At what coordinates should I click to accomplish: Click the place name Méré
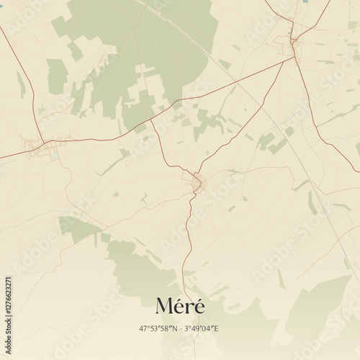179,306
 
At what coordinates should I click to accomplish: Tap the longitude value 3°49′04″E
203,328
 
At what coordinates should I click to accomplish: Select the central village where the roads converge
199,184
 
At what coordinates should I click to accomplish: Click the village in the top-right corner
294,43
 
